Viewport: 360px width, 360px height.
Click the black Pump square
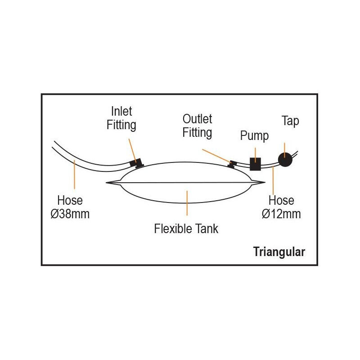pos(255,164)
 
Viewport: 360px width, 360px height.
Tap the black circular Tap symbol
pos(285,160)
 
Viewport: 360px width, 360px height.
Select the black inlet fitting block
pos(136,163)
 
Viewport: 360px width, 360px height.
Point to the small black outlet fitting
pos(232,164)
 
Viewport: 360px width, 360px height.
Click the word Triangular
pos(279,252)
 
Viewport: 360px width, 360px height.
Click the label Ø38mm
pos(70,214)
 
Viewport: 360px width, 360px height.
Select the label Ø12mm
pos(281,214)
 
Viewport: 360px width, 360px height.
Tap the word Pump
pos(254,136)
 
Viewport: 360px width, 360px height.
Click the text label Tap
pos(290,121)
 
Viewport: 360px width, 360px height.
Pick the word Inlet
pos(121,111)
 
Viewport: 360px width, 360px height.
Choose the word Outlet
pos(197,119)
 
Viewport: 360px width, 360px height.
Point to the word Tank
pos(207,229)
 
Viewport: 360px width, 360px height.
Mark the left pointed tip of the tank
pos(106,183)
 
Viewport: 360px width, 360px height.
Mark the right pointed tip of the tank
pos(265,183)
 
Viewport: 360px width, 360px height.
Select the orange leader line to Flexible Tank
pos(187,203)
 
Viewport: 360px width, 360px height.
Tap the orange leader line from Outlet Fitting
pos(217,156)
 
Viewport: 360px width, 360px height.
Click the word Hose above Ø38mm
pos(70,200)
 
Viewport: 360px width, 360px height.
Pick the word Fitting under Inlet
pos(121,125)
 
